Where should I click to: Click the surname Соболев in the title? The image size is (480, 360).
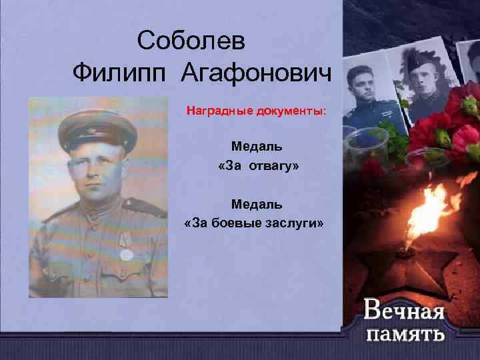pyautogui.click(x=191, y=42)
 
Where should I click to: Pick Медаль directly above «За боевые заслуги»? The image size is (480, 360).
pyautogui.click(x=257, y=202)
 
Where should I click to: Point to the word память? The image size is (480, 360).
pyautogui.click(x=404, y=333)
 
